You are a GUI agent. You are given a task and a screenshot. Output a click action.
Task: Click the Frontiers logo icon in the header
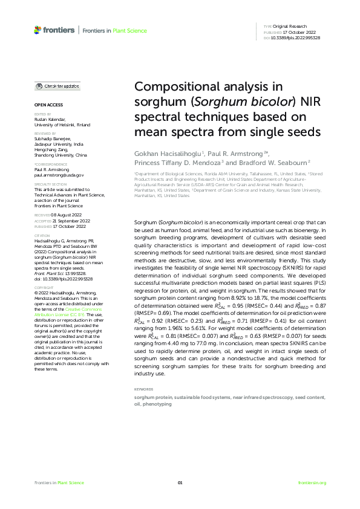click(38, 29)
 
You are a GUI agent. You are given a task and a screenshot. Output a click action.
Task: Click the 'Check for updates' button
click(57, 86)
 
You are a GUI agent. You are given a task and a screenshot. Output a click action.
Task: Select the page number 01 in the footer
click(180, 482)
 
